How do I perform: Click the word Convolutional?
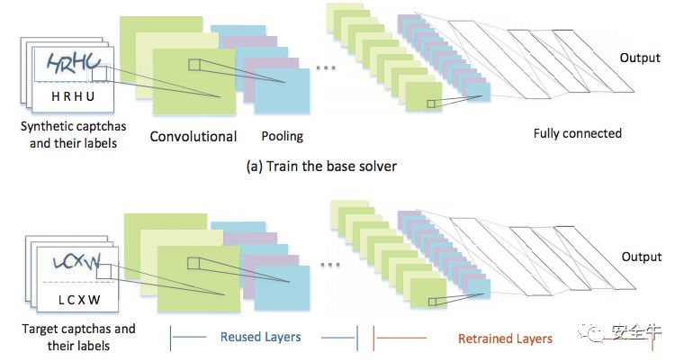pos(193,137)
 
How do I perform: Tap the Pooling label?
pos(282,137)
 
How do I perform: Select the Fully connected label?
pos(577,133)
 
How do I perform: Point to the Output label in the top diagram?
pos(640,58)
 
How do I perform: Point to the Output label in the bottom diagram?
pos(642,257)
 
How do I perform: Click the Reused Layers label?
pos(260,338)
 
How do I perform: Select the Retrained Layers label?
pos(505,339)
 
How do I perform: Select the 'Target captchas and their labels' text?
pos(78,337)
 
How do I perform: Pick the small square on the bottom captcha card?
pos(104,271)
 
